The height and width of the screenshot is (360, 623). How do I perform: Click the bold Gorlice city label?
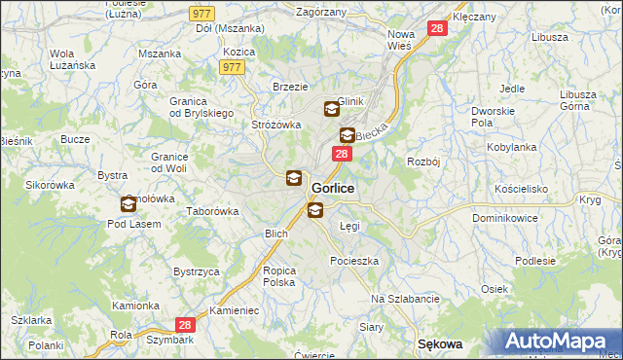pyautogui.click(x=333, y=188)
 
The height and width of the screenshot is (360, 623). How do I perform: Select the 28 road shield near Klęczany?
pyautogui.click(x=437, y=29)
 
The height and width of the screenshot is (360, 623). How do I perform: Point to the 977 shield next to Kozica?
pyautogui.click(x=232, y=67)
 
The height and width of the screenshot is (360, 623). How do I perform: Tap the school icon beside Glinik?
pyautogui.click(x=331, y=110)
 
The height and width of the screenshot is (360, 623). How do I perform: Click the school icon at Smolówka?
pyautogui.click(x=128, y=204)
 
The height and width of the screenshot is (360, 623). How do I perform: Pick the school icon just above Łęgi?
pyautogui.click(x=314, y=210)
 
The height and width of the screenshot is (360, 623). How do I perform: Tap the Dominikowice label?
pyautogui.click(x=508, y=219)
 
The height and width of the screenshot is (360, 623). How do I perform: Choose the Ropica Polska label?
pyautogui.click(x=278, y=275)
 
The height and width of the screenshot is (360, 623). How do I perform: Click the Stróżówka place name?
pyautogui.click(x=276, y=125)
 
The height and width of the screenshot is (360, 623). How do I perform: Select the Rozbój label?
pyautogui.click(x=425, y=162)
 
